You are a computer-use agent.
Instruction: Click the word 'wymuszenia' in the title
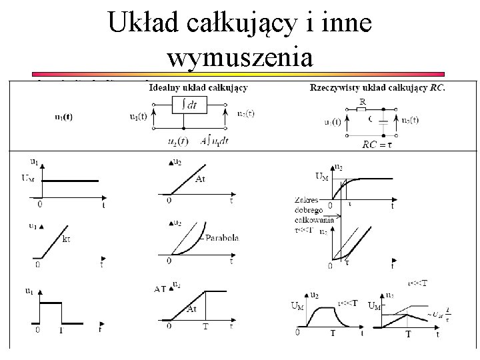[x=240, y=58]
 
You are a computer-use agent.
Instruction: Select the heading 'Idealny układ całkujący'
[x=199, y=87]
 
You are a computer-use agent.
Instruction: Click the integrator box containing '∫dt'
[x=189, y=104]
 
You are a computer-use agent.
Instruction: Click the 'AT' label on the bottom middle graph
[x=160, y=289]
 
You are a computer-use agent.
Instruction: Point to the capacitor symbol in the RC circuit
[x=382, y=122]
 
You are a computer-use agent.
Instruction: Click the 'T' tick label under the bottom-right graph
[x=409, y=333]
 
